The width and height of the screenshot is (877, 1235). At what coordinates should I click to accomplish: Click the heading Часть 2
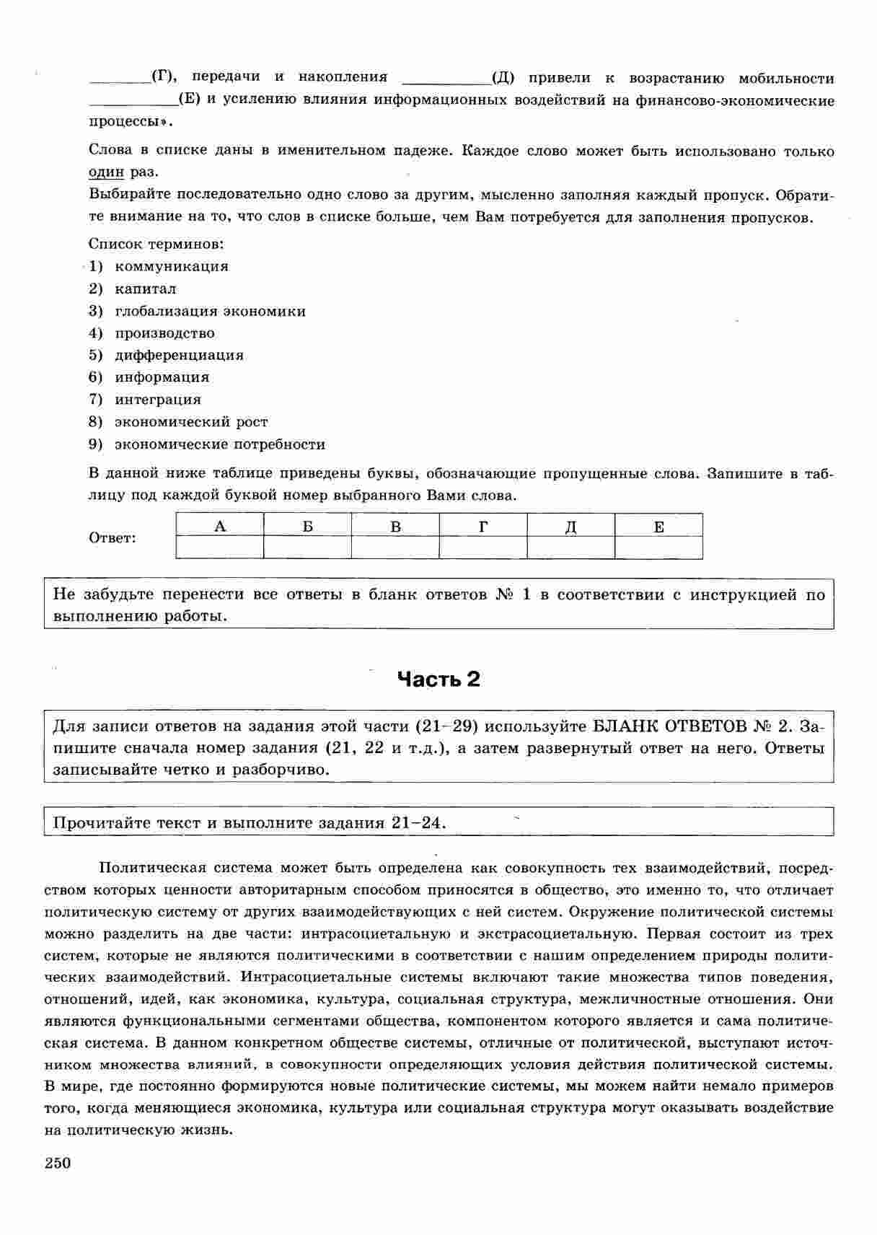click(x=438, y=680)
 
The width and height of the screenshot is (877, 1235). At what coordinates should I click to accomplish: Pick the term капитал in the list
click(x=145, y=289)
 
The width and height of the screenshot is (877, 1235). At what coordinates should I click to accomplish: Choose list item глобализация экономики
click(x=210, y=312)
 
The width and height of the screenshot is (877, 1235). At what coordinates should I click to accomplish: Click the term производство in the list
click(x=164, y=333)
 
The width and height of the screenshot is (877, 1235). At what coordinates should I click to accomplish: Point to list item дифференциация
click(x=179, y=356)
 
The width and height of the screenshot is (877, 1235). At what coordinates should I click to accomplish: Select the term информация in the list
click(x=162, y=377)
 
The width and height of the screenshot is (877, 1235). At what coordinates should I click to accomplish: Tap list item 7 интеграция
click(x=157, y=400)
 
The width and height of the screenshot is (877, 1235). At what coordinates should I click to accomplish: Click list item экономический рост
click(x=191, y=422)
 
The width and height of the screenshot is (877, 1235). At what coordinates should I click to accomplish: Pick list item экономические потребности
click(x=220, y=444)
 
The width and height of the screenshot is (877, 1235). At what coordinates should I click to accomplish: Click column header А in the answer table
click(x=220, y=526)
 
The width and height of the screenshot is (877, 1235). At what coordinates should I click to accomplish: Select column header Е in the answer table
click(x=658, y=526)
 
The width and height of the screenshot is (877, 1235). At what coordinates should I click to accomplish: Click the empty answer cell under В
click(x=395, y=548)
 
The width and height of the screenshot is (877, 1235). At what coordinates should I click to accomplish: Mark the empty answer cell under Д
click(x=570, y=548)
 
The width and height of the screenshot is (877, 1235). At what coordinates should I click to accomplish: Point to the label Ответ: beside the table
click(x=112, y=538)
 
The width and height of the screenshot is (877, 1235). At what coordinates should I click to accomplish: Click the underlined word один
click(x=106, y=173)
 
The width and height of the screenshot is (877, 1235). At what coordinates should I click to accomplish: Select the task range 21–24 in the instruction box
click(x=418, y=823)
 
